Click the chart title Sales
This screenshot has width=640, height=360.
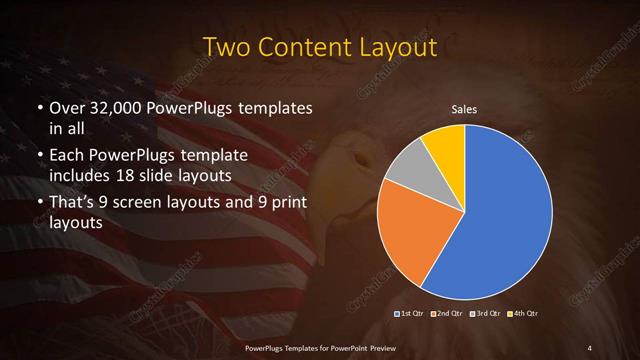464,110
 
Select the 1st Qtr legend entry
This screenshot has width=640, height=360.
410,314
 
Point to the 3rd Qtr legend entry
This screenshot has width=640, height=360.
487,314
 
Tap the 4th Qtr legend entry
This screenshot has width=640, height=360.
525,314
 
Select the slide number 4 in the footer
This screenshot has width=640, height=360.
590,347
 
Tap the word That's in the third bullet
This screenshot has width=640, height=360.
74,204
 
